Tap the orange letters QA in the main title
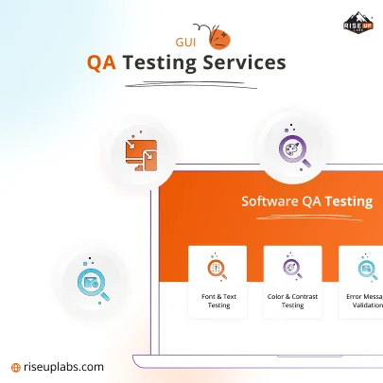pyautogui.click(x=103, y=63)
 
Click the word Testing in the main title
pyautogui.click(x=166, y=63)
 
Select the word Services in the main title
pyautogui.click(x=250, y=63)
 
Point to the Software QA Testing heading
pyautogui.click(x=306, y=201)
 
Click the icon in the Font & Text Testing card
pyautogui.click(x=218, y=270)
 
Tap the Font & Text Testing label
pyautogui.click(x=218, y=300)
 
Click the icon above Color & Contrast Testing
pyautogui.click(x=292, y=270)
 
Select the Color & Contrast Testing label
pyautogui.click(x=292, y=300)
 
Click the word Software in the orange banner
pyautogui.click(x=269, y=201)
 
